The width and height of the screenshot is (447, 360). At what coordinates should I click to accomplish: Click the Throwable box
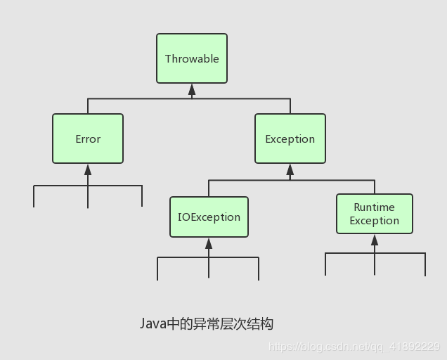[x=192, y=59]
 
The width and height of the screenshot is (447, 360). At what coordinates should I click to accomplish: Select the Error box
[x=88, y=139]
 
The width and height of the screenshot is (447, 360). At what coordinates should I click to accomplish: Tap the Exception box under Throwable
[x=290, y=139]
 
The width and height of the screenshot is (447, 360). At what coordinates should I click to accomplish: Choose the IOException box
[x=209, y=217]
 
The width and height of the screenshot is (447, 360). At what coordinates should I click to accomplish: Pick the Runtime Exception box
[x=374, y=214]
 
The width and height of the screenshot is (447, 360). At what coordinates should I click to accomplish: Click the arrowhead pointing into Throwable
[x=192, y=89]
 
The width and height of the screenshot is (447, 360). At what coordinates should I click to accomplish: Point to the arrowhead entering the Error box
[x=88, y=169]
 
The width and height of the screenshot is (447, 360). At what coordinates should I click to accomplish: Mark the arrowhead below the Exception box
[x=290, y=169]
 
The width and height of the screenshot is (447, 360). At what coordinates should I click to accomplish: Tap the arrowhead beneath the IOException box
[x=209, y=243]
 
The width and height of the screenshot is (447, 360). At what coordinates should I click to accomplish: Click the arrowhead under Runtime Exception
[x=374, y=240]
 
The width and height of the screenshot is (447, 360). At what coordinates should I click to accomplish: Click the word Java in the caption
[x=152, y=324]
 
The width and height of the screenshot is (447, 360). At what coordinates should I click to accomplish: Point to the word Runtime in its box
[x=374, y=207]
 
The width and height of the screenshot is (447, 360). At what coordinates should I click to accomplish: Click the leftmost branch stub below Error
[x=34, y=197]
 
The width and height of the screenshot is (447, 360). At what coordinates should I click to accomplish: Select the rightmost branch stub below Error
[x=142, y=197]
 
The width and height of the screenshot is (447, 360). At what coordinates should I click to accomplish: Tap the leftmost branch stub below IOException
[x=157, y=269]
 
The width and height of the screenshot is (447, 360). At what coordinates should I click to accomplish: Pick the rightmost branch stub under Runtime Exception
[x=425, y=264]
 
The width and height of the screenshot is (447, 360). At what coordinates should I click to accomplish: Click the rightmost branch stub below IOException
[x=259, y=269]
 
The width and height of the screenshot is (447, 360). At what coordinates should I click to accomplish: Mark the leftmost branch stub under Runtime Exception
[x=325, y=264]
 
